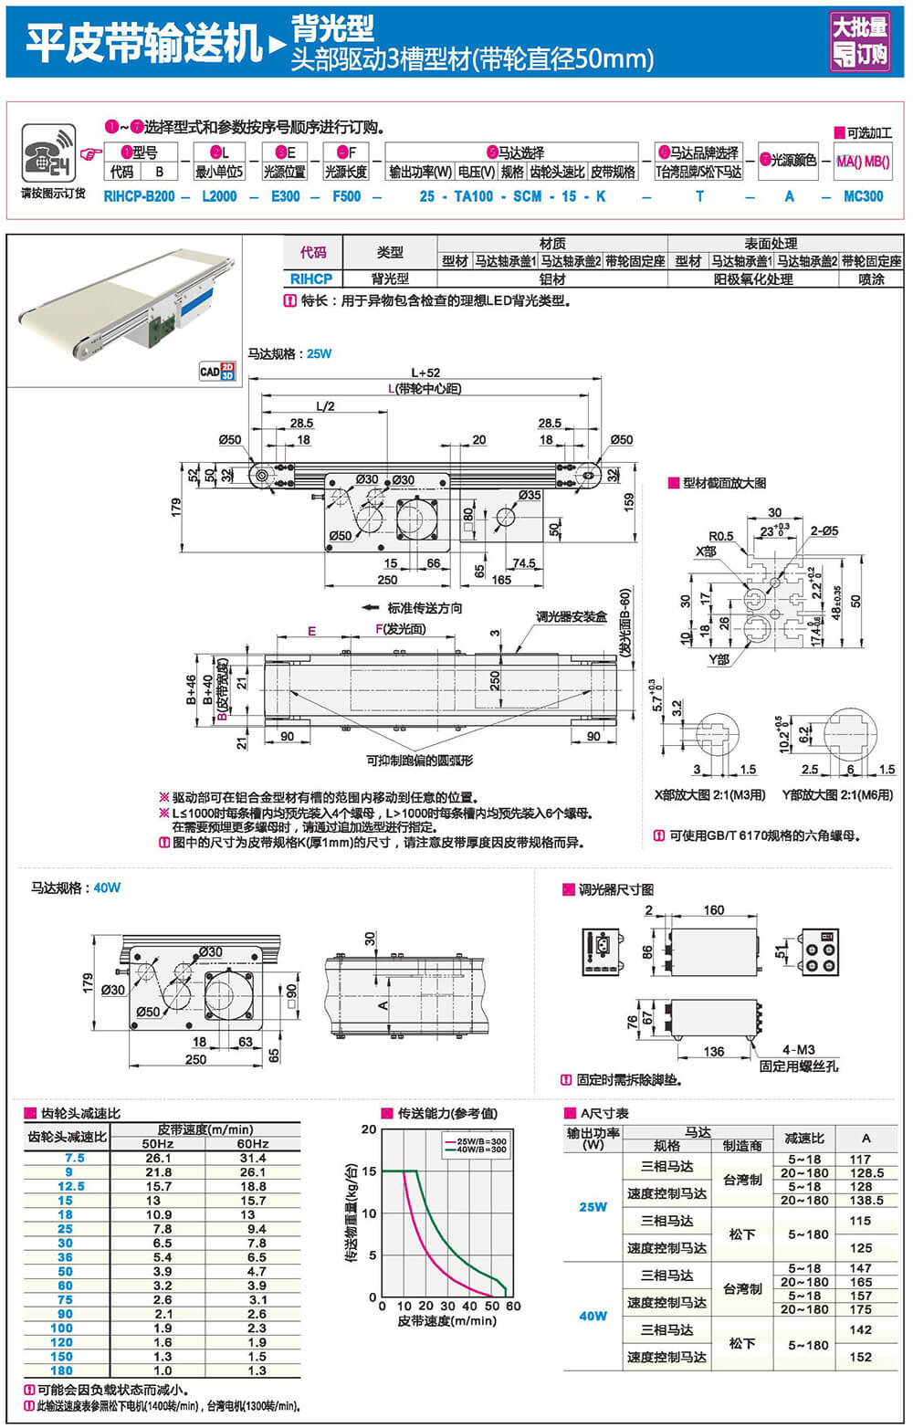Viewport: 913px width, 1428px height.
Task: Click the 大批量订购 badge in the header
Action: [859, 41]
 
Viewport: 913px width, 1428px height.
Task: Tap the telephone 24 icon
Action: [46, 153]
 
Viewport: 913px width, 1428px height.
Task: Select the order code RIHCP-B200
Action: [139, 196]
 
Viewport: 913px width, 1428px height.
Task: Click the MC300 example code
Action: [863, 196]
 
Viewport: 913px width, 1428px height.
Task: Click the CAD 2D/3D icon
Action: [216, 372]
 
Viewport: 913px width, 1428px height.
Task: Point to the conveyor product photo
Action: [125, 301]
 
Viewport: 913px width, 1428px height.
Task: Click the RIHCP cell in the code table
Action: [310, 279]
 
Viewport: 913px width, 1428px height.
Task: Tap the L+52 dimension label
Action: [425, 373]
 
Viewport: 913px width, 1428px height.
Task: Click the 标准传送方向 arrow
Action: [370, 608]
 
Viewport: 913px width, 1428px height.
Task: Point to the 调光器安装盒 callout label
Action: [572, 617]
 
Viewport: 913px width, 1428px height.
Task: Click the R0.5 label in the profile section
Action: [720, 536]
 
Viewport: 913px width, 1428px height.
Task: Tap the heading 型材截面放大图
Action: [724, 483]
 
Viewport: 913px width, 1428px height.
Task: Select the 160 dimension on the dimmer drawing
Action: [713, 910]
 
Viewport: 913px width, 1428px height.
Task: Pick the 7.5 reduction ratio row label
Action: [74, 1158]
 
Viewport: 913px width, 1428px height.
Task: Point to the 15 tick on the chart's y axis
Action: [369, 1171]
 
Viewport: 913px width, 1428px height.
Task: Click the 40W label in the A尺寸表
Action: [593, 1316]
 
